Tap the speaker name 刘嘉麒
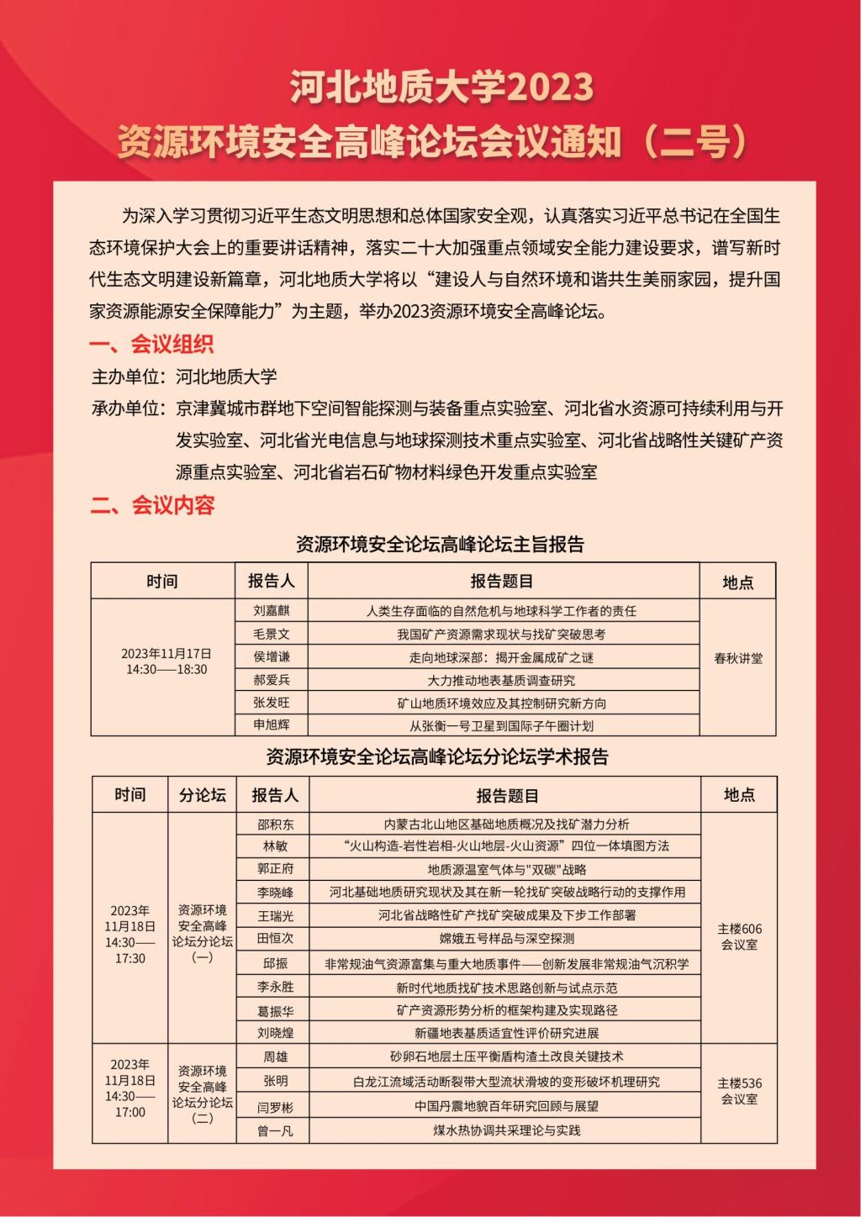click(271, 611)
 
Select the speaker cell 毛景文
click(271, 634)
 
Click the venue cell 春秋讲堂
click(738, 659)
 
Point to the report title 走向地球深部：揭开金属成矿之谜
click(502, 657)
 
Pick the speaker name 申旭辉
click(271, 725)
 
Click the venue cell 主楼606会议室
click(739, 936)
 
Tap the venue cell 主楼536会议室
click(739, 1091)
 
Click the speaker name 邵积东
click(275, 825)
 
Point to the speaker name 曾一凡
click(275, 1131)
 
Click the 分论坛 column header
click(203, 795)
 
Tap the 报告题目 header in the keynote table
click(502, 582)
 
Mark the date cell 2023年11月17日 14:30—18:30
click(166, 661)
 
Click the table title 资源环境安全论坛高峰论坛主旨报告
click(440, 545)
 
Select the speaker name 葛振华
click(275, 1010)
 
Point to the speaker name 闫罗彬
click(275, 1107)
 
